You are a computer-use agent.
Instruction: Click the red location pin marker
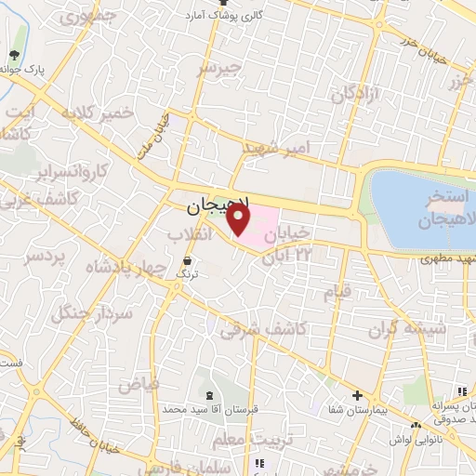(239, 219)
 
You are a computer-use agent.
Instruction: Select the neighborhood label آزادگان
(357, 93)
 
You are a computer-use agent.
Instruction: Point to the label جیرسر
(220, 70)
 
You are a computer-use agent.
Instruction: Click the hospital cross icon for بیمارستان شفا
(357, 395)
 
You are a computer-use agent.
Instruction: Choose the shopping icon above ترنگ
(188, 260)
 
